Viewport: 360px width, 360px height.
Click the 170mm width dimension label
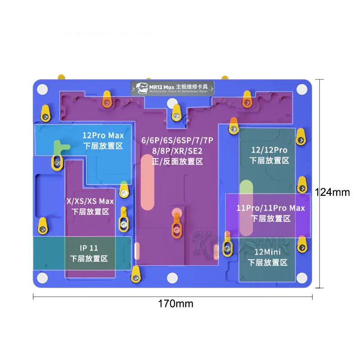click(175, 304)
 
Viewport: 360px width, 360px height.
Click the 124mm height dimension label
click(332, 192)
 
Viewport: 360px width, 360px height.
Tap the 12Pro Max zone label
click(103, 135)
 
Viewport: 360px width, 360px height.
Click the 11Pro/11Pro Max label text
click(270, 208)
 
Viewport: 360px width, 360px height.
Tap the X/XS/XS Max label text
click(90, 201)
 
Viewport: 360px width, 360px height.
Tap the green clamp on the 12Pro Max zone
click(59, 148)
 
